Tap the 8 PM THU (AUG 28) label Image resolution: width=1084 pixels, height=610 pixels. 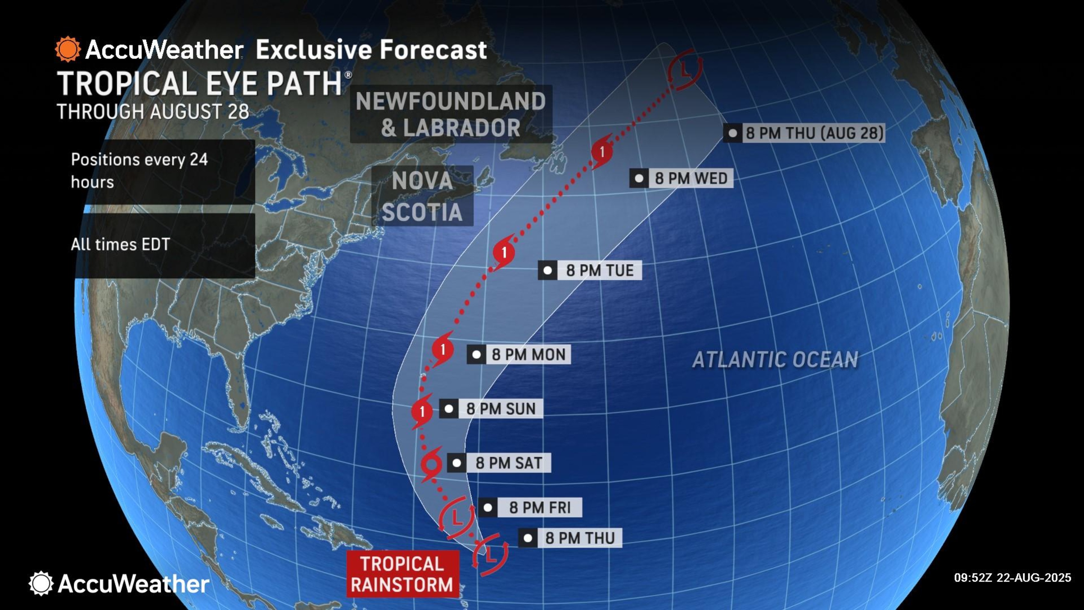[814, 133]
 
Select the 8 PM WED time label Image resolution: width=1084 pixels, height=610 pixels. [690, 178]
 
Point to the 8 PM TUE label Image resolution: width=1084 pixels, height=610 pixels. [599, 270]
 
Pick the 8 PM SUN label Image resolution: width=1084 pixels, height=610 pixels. [500, 409]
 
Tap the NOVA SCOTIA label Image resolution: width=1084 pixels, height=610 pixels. [422, 196]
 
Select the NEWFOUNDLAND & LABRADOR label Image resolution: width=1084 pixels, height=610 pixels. [451, 114]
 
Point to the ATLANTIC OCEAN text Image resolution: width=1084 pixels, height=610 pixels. [775, 360]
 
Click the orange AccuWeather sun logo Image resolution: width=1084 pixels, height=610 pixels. [67, 49]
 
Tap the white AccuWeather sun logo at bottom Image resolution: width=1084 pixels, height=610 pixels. [41, 583]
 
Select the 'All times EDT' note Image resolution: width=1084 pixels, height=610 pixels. [120, 245]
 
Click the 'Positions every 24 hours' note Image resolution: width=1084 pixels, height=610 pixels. [139, 171]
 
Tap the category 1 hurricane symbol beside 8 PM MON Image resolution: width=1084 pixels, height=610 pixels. [442, 350]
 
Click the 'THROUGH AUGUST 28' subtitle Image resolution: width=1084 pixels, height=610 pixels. [153, 112]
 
